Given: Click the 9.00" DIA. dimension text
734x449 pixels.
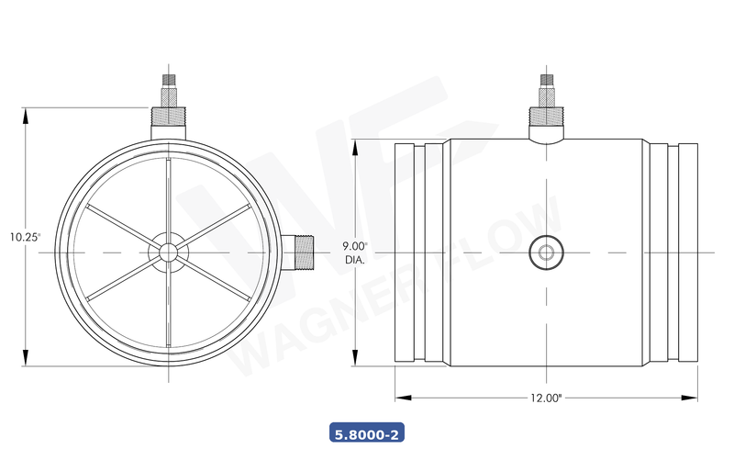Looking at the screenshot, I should click(x=355, y=253).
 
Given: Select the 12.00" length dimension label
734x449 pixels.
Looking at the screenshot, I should click(x=546, y=398).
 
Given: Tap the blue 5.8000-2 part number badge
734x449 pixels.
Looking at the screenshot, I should click(x=367, y=431).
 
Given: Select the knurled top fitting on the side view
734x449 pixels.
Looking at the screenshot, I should click(x=547, y=118).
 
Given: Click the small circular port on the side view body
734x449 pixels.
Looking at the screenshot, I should click(x=547, y=253).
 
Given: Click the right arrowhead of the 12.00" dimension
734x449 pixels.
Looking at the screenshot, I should click(x=692, y=398).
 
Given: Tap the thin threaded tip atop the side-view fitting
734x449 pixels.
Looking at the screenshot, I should click(x=547, y=85).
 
